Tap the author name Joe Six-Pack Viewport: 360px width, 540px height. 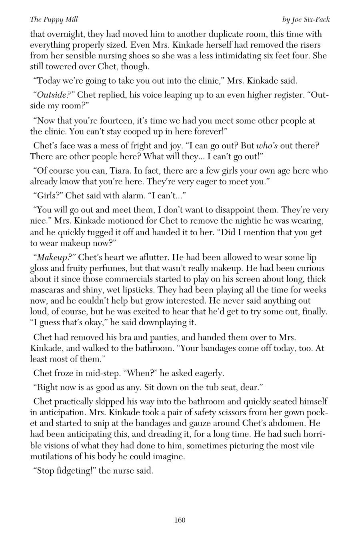point(306,19)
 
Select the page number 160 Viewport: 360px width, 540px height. point(180,520)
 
